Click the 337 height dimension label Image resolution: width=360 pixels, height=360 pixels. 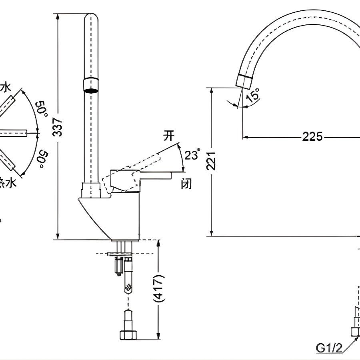pos(58,126)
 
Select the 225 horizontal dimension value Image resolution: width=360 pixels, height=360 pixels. pos(312,137)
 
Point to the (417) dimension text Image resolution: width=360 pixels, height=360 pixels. pos(159,288)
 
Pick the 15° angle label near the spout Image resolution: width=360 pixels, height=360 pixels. pos(253,96)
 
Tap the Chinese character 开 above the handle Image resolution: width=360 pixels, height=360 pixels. pos(169,136)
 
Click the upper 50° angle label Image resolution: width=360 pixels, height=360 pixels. pos(41,109)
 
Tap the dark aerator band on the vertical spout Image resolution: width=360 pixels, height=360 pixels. pos(91,85)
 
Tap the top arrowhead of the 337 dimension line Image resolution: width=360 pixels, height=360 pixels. pos(58,16)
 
